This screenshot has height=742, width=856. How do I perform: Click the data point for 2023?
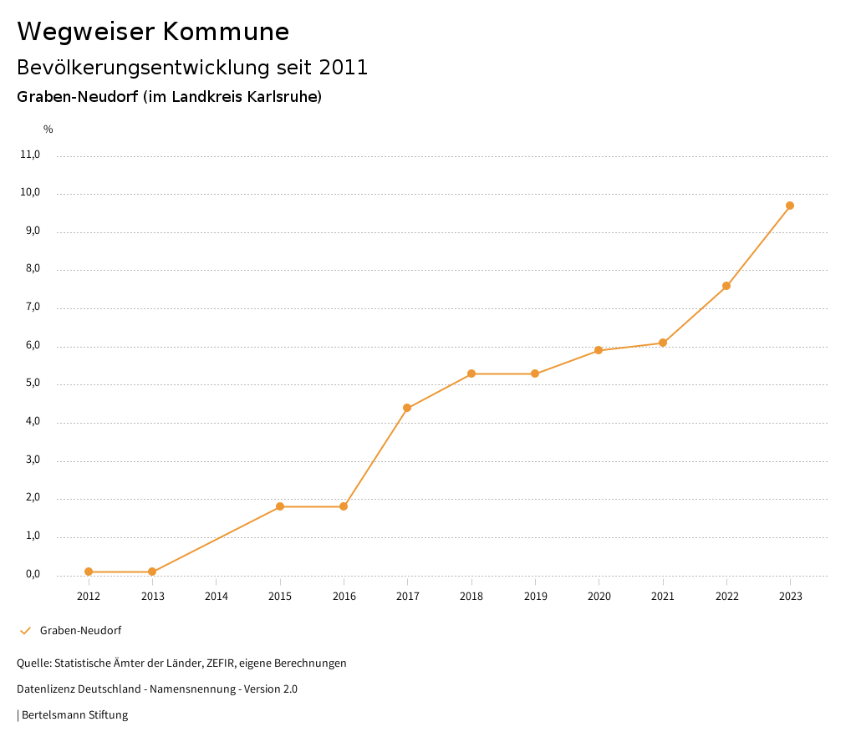(x=790, y=206)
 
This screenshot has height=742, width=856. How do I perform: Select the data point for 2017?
(x=407, y=408)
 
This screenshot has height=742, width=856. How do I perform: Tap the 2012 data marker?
(x=89, y=572)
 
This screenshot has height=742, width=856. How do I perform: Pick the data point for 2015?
(x=280, y=506)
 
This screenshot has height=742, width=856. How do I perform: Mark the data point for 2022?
(x=726, y=286)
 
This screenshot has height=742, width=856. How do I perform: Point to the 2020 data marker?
(x=599, y=350)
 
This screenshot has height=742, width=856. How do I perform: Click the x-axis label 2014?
(x=217, y=597)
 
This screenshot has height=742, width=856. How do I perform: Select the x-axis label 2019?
(x=535, y=597)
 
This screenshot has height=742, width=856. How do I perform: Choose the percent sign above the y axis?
(x=48, y=130)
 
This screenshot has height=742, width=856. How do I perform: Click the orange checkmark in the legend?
(x=25, y=631)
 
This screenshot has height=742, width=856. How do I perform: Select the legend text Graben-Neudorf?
(x=81, y=631)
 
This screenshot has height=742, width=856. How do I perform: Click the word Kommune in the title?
(x=227, y=32)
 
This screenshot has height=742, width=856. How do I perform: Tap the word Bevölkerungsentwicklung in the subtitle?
(x=140, y=68)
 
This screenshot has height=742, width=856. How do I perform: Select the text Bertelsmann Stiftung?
(x=74, y=715)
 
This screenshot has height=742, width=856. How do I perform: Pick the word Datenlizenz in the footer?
(x=44, y=689)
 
